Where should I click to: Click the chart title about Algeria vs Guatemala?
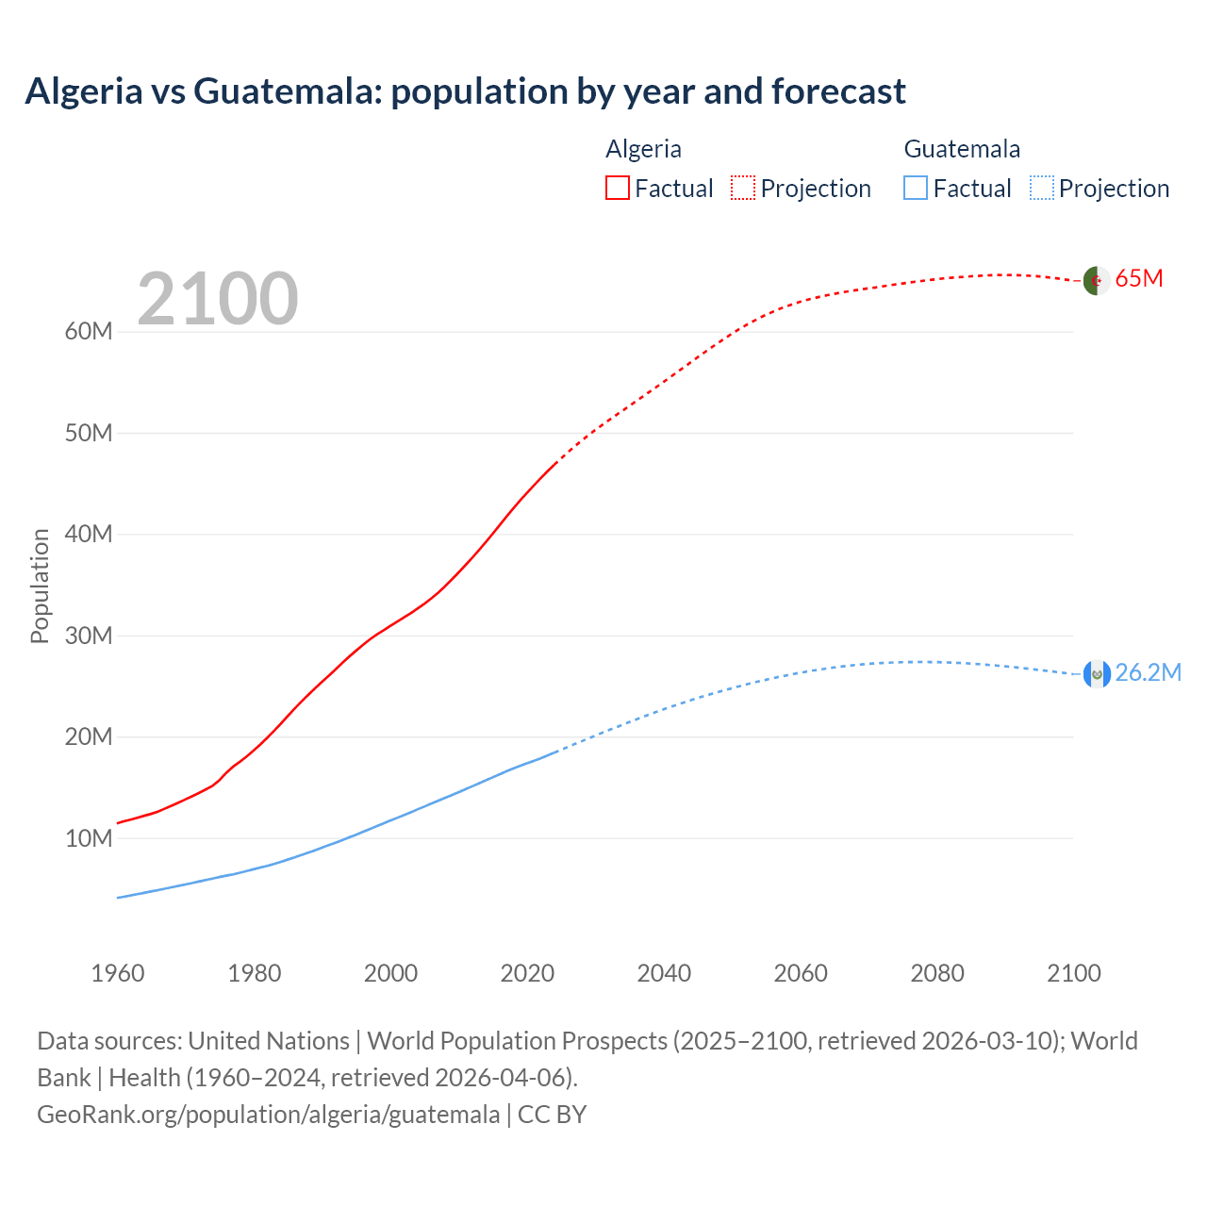465,91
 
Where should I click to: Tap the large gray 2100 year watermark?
218,299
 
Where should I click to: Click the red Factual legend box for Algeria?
617,189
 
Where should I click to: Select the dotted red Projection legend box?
743,189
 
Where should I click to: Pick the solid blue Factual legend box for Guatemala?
915,189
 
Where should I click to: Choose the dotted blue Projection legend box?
1041,189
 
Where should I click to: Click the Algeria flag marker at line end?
1096,280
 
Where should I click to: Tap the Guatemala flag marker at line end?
1096,673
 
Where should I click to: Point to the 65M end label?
1139,279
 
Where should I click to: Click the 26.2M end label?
1148,672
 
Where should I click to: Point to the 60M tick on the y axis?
89,332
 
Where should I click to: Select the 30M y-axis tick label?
89,636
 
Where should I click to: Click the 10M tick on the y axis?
89,838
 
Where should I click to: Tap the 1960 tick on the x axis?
118,973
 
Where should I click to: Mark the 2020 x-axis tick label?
527,973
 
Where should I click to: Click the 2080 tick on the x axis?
937,973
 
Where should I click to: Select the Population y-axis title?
40,586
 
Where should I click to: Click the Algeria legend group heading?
643,149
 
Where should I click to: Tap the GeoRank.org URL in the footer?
268,1115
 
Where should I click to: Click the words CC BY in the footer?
553,1115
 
